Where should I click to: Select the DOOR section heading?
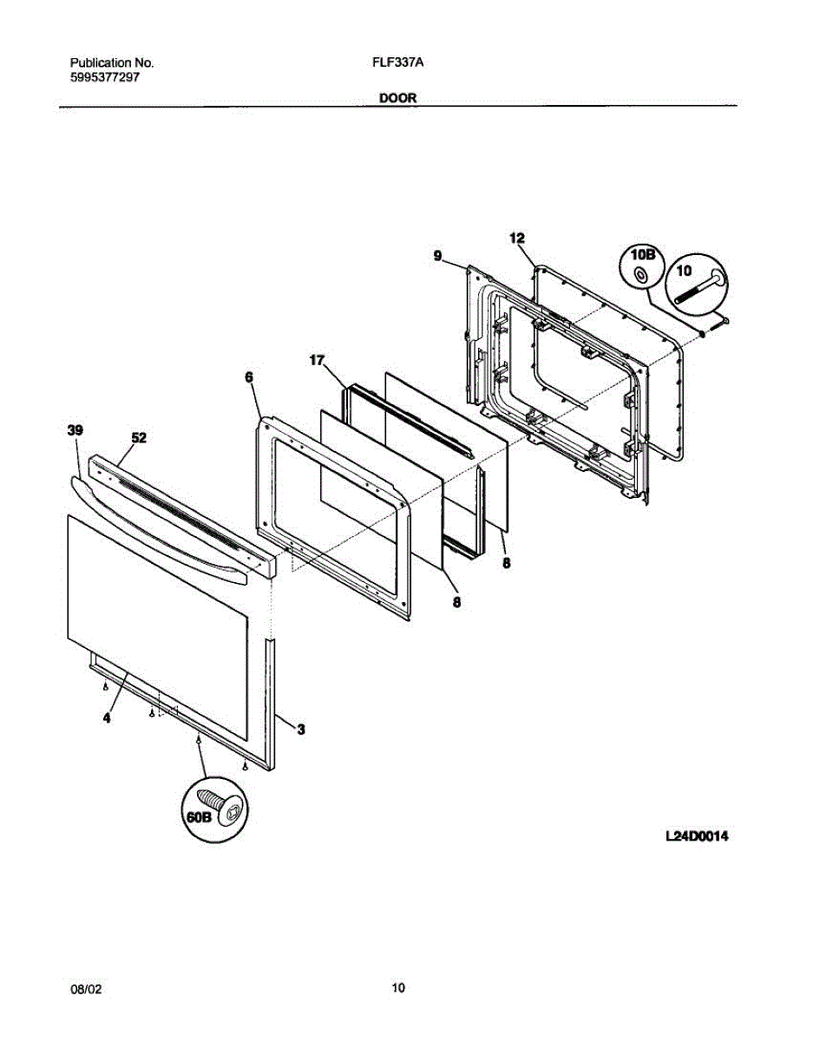tap(398, 98)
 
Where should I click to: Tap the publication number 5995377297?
tap(105, 77)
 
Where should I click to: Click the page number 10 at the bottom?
tap(398, 987)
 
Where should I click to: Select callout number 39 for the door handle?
tap(75, 430)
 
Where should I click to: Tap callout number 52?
tap(138, 438)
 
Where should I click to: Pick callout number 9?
tap(438, 255)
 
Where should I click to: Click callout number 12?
tap(517, 238)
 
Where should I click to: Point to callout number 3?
tap(301, 730)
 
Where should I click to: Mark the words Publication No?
tap(111, 63)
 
